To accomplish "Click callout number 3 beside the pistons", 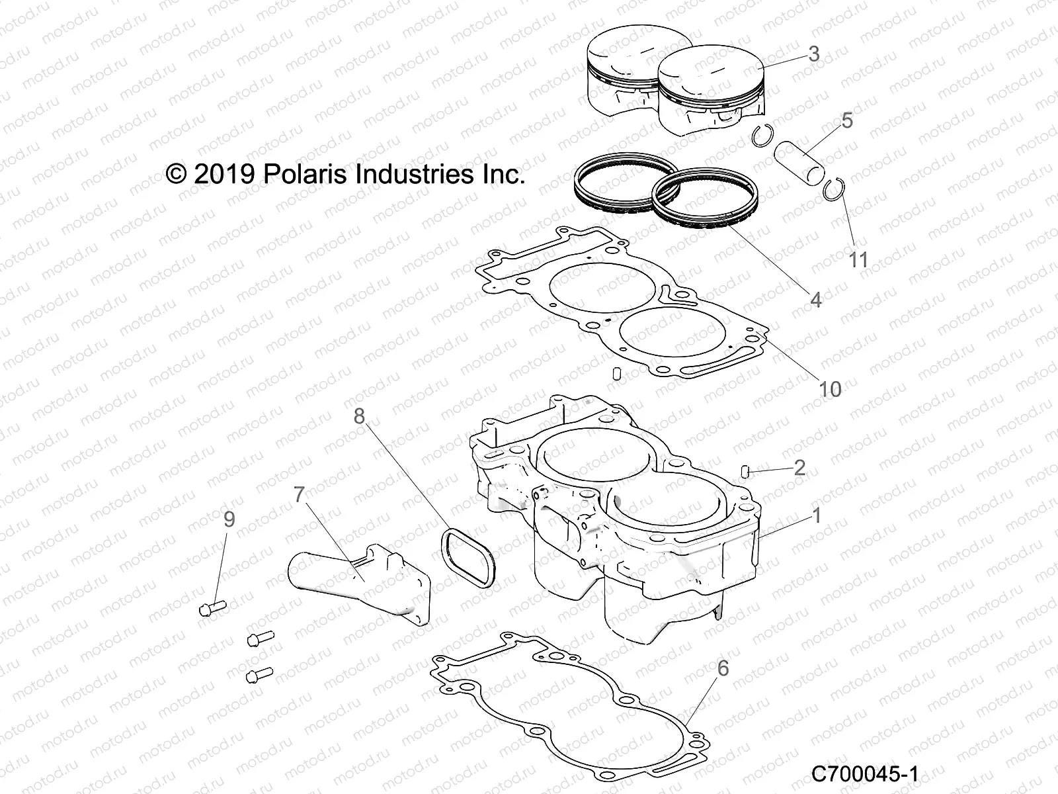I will click(814, 54).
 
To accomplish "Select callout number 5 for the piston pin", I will click(847, 121).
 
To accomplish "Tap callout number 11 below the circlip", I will click(858, 259).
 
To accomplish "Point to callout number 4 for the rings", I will click(816, 300).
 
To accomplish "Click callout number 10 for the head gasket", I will click(830, 389).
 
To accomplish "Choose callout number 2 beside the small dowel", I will click(799, 468).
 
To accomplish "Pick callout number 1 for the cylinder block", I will click(816, 515).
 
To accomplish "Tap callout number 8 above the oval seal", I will click(359, 416).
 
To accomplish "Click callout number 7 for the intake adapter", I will click(299, 495).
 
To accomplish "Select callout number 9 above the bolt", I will click(229, 519).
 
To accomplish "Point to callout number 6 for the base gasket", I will click(723, 669).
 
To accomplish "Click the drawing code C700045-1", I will click(864, 773).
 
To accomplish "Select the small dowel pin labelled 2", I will click(744, 471).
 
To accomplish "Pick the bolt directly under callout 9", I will click(212, 607).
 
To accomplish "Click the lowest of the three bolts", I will click(259, 676).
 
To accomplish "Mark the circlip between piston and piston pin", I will click(763, 134).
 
